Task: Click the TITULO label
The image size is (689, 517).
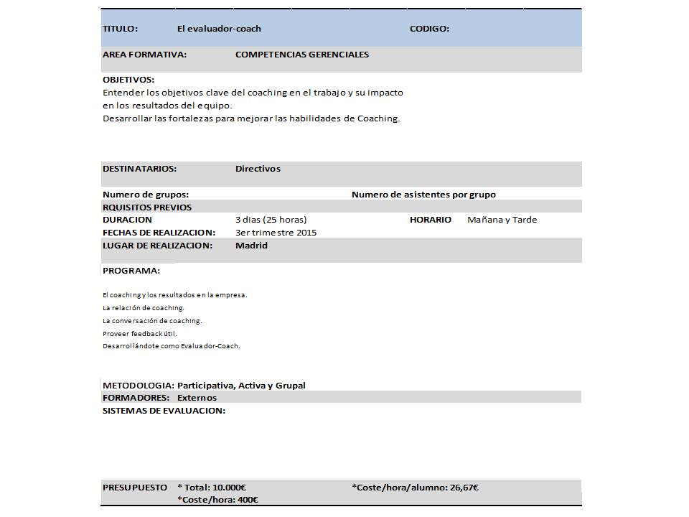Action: coord(121,29)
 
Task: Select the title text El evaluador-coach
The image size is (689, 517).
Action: coord(219,29)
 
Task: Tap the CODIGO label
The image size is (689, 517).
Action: coord(429,29)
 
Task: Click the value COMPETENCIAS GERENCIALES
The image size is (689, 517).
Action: coord(302,55)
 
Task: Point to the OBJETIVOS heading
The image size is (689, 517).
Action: coord(128,80)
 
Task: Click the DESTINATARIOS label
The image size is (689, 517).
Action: coord(139,169)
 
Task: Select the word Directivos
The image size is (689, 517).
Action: coord(258,169)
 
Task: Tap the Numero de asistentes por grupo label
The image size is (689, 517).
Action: coord(423,195)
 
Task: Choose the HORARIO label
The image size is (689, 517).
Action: coord(431,220)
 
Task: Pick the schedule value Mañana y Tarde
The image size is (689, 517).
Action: coord(502,220)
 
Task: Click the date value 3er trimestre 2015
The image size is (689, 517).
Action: coord(276,233)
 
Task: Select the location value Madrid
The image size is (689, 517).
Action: coord(251,246)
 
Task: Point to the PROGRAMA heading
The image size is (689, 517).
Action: coord(131,271)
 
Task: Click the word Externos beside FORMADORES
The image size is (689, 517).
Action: coord(197,398)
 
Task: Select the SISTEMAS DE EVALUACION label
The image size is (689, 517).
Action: coord(164,411)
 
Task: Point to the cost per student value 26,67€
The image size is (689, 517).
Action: coord(464,488)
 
